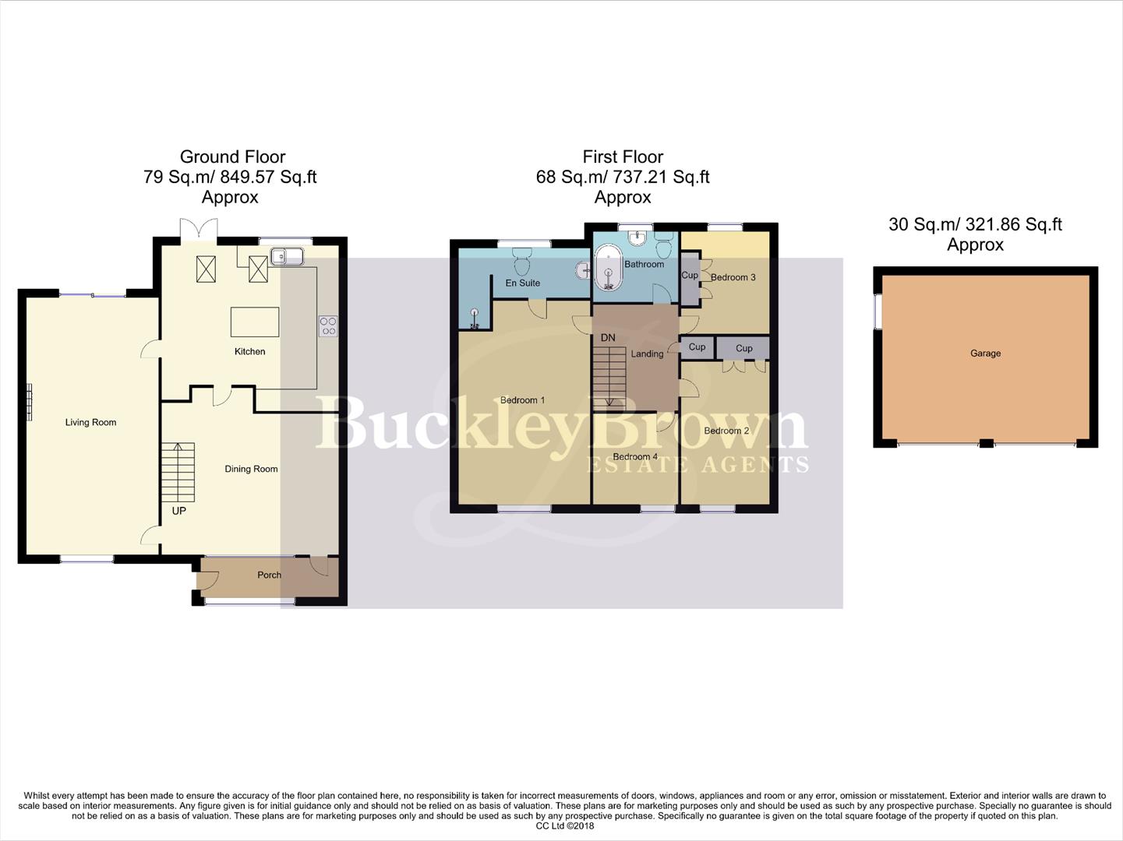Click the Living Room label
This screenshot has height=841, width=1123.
[90, 423]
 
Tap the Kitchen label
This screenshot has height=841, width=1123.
[249, 352]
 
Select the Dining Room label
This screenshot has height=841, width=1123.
[251, 469]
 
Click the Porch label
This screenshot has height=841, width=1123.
[269, 575]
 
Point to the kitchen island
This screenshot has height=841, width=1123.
[255, 322]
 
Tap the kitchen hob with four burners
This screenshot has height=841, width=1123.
[328, 325]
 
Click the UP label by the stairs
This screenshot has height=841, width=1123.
[178, 511]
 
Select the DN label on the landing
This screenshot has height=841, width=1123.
[608, 338]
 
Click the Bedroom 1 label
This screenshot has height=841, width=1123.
[522, 400]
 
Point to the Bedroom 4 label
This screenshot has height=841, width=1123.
[635, 457]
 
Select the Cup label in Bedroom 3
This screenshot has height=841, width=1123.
[690, 276]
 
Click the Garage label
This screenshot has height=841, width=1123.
[985, 354]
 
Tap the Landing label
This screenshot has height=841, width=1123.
[647, 354]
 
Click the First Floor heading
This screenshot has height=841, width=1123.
[623, 157]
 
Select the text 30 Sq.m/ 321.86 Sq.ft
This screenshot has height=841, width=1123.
[975, 224]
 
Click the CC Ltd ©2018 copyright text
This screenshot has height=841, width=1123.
[564, 825]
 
